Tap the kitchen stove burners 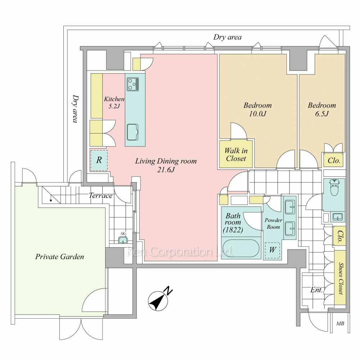pos(132,84)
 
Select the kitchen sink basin pos(133,132)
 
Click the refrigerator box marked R pos(98,160)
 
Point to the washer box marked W pos(273,251)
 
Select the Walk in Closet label pos(236,154)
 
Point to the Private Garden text pos(60,257)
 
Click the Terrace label pos(101,196)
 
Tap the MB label pos(340,323)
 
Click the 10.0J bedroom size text pos(257,114)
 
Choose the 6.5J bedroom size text pos(322,114)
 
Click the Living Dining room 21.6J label pos(166,165)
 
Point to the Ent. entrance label pos(317,290)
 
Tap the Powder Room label pos(273,224)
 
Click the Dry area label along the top pos(228,37)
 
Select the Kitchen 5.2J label pos(114,102)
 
